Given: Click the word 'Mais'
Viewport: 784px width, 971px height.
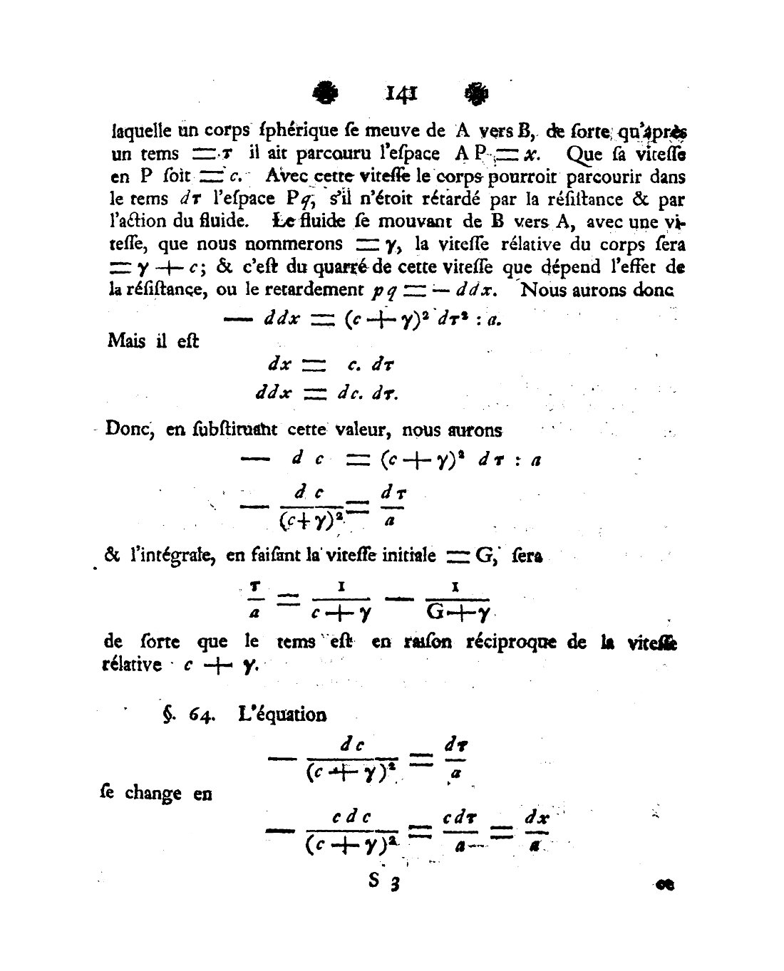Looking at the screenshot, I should (126, 341).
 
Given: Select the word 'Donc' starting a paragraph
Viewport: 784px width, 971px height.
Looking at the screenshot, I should (126, 430).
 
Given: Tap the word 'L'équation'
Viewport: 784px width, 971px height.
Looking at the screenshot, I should (282, 715).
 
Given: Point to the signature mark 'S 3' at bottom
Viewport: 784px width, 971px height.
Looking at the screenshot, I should (386, 882).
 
